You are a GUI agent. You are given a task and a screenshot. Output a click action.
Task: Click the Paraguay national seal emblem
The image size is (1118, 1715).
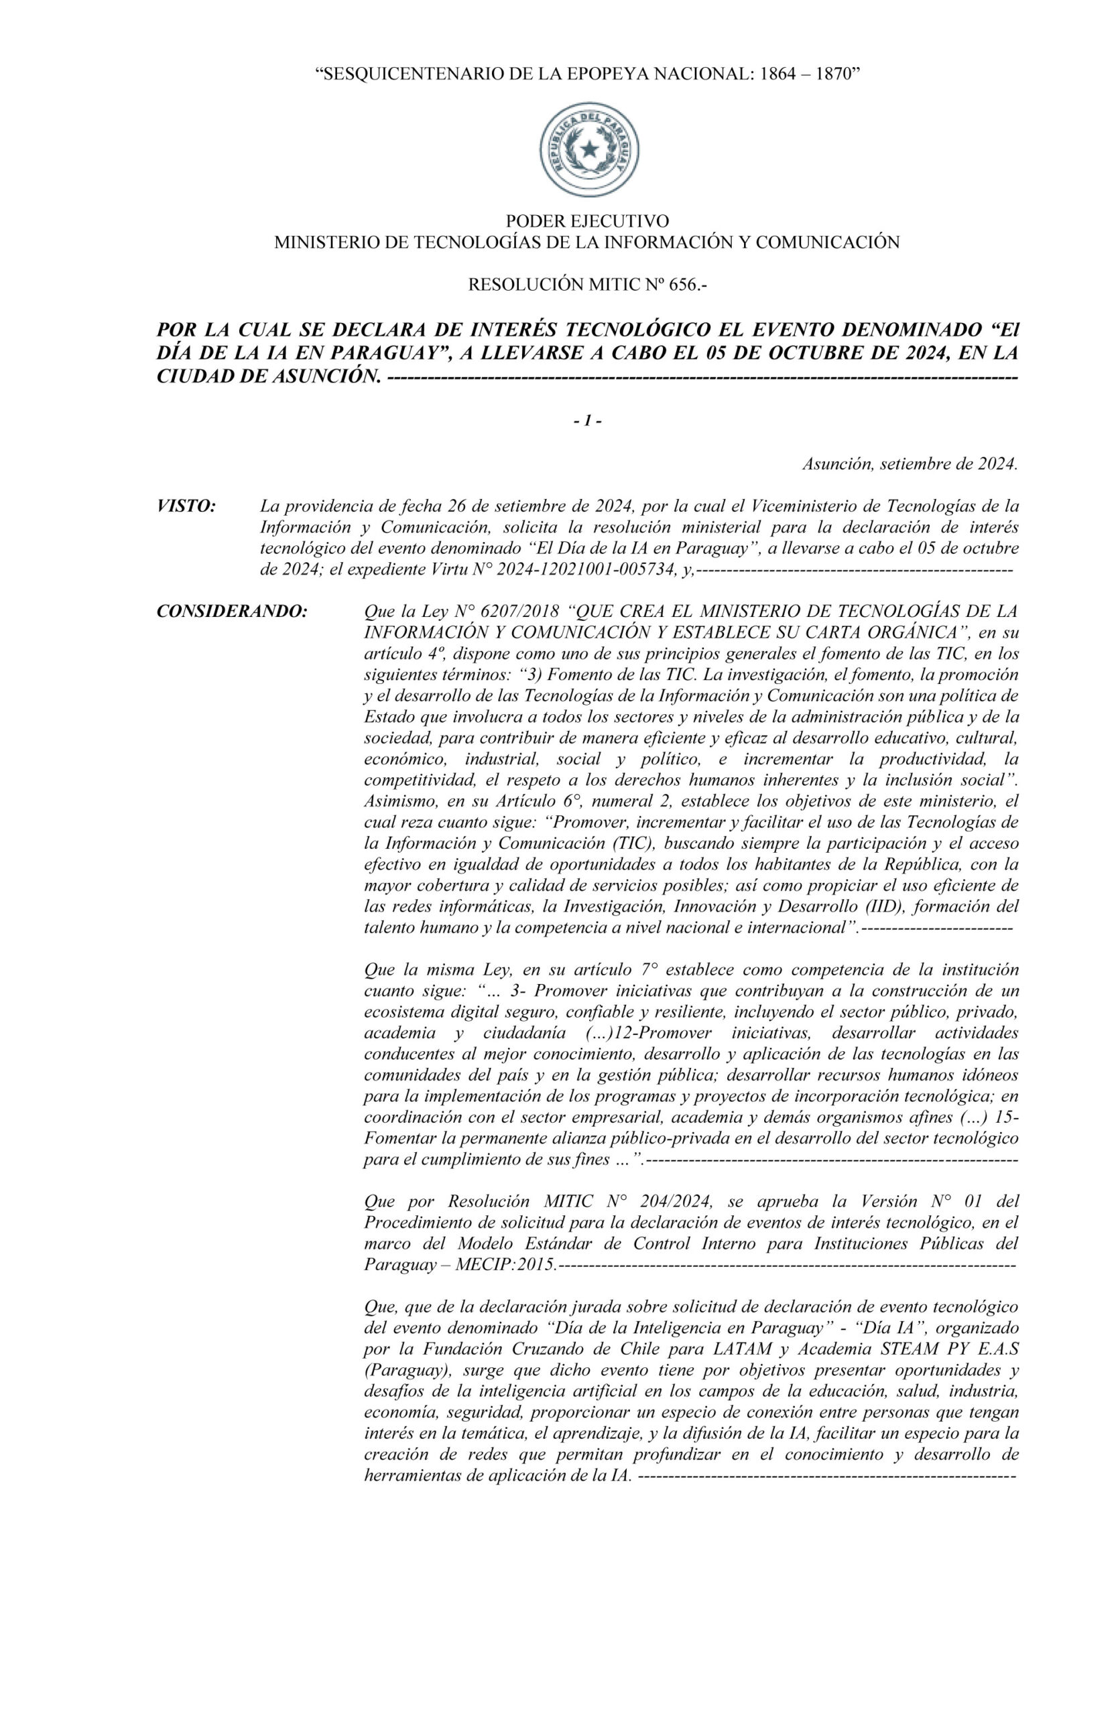(589, 149)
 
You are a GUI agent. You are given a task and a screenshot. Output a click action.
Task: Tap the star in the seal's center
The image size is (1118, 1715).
(589, 149)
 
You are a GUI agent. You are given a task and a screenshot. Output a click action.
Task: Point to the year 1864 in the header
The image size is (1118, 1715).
(764, 74)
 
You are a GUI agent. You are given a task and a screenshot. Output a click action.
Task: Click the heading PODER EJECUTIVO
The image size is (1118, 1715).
(586, 220)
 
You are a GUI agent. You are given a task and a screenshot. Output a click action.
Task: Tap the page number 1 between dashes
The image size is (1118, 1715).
(587, 421)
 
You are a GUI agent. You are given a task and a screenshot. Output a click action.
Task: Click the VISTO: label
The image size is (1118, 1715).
(186, 506)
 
